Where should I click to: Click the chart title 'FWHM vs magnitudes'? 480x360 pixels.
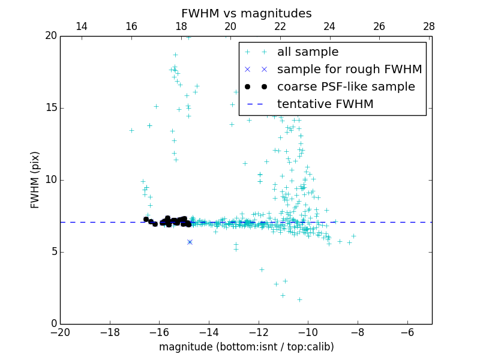click(x=246, y=13)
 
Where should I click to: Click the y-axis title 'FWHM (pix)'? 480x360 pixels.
click(x=35, y=180)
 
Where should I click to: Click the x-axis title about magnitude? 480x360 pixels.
click(x=246, y=347)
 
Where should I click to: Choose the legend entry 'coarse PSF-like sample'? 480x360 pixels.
click(x=346, y=87)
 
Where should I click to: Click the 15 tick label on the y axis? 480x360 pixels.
click(x=50, y=108)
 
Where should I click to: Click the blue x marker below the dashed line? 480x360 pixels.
click(x=190, y=242)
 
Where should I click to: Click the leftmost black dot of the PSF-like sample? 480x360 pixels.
click(x=146, y=219)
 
